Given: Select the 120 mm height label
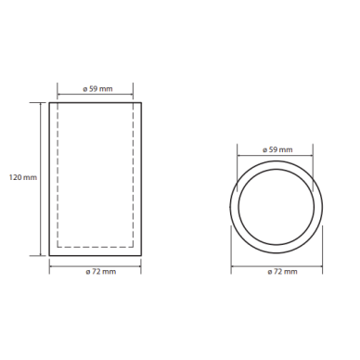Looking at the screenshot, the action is (23, 177).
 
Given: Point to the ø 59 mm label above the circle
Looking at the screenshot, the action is (277, 150).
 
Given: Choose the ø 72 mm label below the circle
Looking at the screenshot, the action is (282, 272).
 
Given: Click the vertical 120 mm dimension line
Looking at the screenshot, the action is (41, 179).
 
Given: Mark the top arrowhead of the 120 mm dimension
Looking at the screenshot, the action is (41, 104).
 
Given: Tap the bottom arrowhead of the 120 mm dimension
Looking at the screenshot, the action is (41, 254).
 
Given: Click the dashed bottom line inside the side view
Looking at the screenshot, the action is (96, 247).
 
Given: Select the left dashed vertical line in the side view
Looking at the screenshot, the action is (58, 174).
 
